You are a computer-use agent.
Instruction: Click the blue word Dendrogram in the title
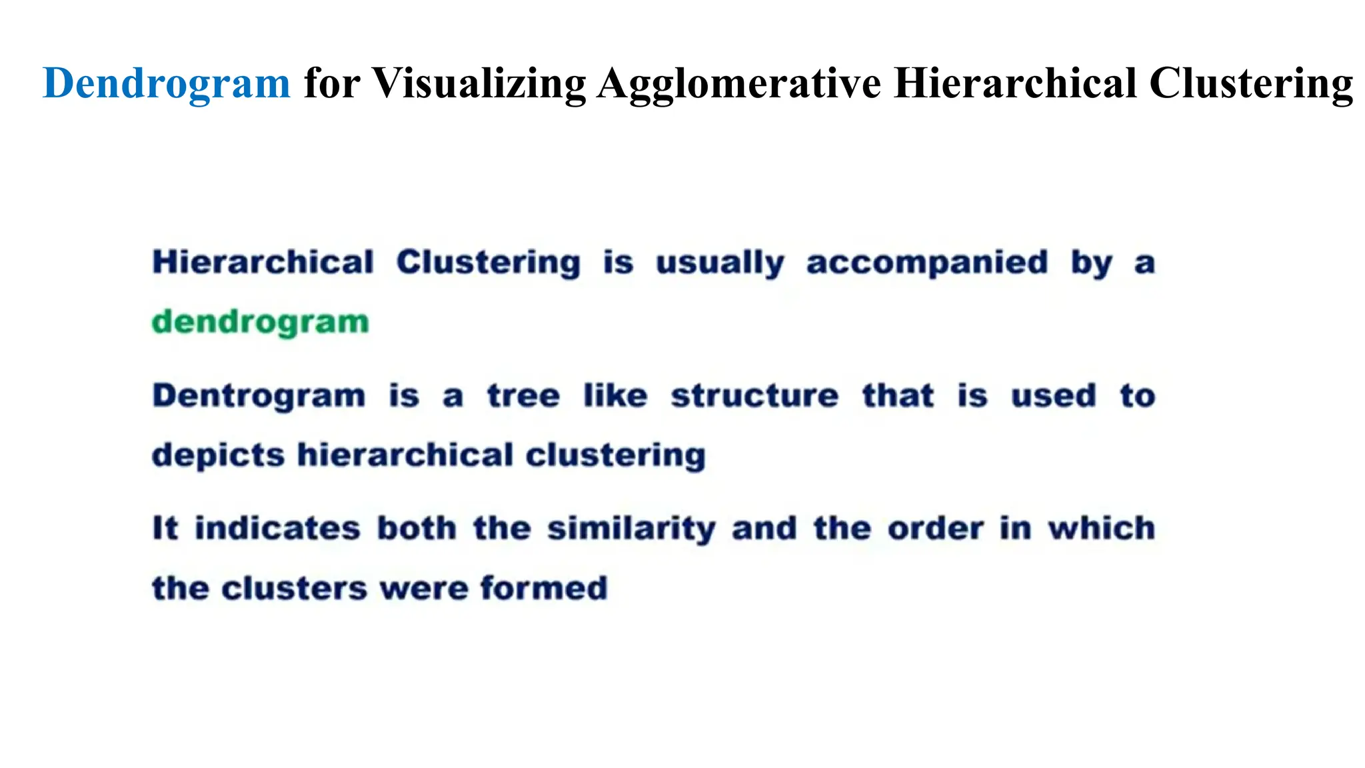pyautogui.click(x=167, y=84)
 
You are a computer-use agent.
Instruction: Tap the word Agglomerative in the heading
pyautogui.click(x=738, y=84)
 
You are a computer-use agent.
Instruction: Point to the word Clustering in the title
pyautogui.click(x=1250, y=84)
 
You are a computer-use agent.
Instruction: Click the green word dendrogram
pyautogui.click(x=260, y=323)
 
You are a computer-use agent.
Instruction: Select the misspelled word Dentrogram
pyautogui.click(x=259, y=396)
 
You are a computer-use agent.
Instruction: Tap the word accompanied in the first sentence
pyautogui.click(x=927, y=263)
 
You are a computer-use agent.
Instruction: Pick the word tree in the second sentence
pyautogui.click(x=523, y=396)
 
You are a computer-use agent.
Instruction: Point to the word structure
pyautogui.click(x=754, y=396)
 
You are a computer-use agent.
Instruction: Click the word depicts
pyautogui.click(x=219, y=456)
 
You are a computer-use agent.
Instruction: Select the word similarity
pyautogui.click(x=631, y=529)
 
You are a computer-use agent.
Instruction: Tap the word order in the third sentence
pyautogui.click(x=935, y=529)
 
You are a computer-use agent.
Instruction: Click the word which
pyautogui.click(x=1101, y=529)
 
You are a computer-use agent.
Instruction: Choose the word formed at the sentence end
pyautogui.click(x=543, y=589)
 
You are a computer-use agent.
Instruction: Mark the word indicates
pyautogui.click(x=277, y=529)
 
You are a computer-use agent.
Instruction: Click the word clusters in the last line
pyautogui.click(x=294, y=589)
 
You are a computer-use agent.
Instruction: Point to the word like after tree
pyautogui.click(x=615, y=396)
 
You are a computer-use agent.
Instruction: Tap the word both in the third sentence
pyautogui.click(x=417, y=529)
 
